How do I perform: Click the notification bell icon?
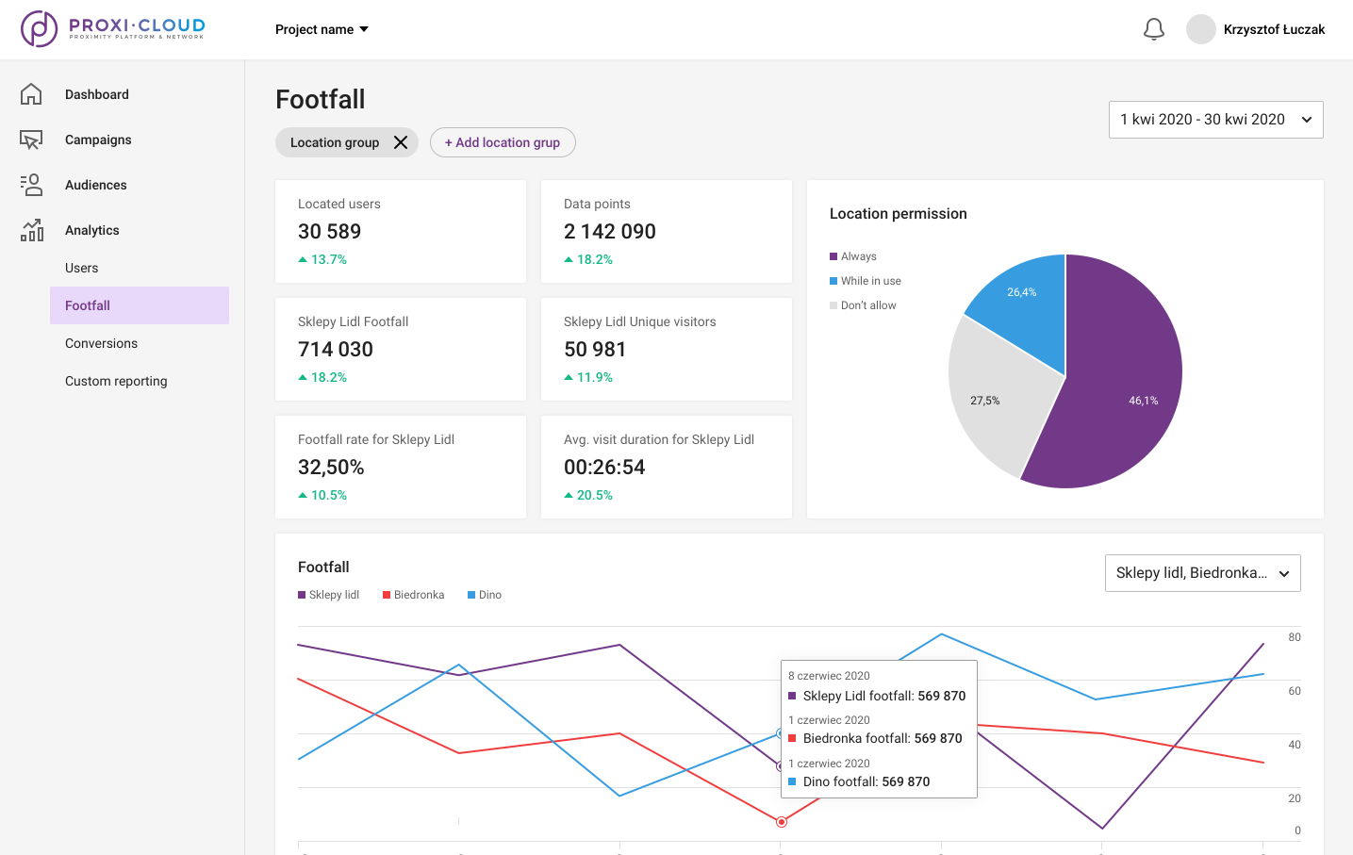pos(1153,29)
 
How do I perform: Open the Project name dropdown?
pos(322,29)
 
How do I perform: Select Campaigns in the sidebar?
pos(98,140)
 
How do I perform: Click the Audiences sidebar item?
pos(95,185)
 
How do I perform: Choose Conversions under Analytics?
pos(101,343)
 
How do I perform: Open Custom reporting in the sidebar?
pos(116,381)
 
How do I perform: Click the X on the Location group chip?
pos(401,142)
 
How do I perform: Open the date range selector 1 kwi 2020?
pos(1215,120)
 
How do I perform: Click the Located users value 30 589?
pos(329,231)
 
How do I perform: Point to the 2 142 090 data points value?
pos(609,231)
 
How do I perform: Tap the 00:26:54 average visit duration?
pos(604,467)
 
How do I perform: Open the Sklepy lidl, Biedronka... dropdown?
pos(1202,573)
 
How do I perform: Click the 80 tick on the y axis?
pos(1295,637)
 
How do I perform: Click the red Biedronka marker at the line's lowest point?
pos(782,822)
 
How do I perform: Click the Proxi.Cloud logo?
pos(113,29)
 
